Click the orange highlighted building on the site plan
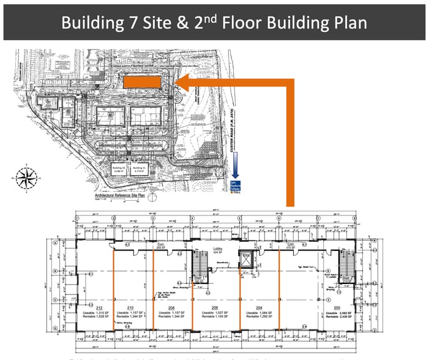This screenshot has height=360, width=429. coord(143,81)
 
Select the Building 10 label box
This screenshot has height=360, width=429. coord(119,170)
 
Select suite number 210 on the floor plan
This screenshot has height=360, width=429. coord(130,307)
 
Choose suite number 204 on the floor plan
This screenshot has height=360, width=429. coord(259,307)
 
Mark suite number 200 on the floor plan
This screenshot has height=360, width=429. coord(337,307)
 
